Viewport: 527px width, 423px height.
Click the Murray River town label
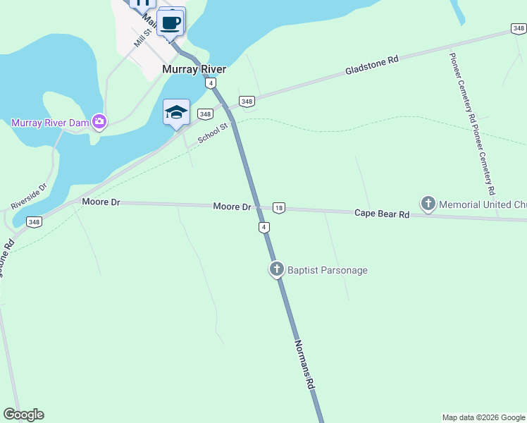pyautogui.click(x=194, y=70)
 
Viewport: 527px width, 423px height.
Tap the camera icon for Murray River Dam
pyautogui.click(x=99, y=122)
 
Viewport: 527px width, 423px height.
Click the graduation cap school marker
pyautogui.click(x=176, y=112)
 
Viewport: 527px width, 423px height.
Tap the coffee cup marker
pyautogui.click(x=170, y=23)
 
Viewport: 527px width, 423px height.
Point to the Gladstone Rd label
pyautogui.click(x=372, y=66)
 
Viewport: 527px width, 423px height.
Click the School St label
pyautogui.click(x=214, y=133)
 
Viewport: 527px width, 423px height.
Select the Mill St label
pyautogui.click(x=144, y=41)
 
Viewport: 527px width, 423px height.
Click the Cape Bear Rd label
pyautogui.click(x=382, y=213)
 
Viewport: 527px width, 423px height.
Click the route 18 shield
pyautogui.click(x=279, y=208)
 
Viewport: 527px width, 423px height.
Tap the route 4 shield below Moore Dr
pyautogui.click(x=263, y=227)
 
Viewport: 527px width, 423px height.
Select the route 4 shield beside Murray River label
pyautogui.click(x=210, y=83)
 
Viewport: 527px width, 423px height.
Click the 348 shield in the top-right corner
pyautogui.click(x=518, y=28)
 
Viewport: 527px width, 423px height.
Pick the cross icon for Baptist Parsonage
pyautogui.click(x=277, y=269)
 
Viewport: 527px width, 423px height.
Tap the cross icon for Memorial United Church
pyautogui.click(x=428, y=204)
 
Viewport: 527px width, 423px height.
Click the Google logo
pyautogui.click(x=23, y=415)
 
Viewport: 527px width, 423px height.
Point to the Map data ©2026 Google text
pyautogui.click(x=483, y=417)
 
